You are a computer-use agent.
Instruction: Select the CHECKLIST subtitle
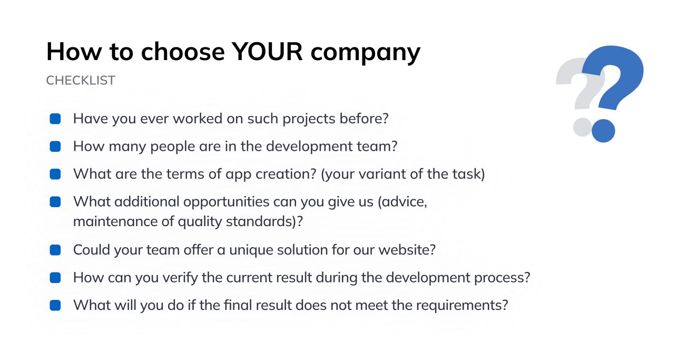coord(81,81)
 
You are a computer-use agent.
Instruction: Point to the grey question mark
coord(579,90)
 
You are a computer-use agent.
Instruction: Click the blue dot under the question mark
coord(603,130)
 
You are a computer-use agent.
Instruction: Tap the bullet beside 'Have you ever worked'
coord(55,119)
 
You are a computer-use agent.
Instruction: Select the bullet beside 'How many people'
coord(55,146)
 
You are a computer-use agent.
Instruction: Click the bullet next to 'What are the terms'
coord(55,174)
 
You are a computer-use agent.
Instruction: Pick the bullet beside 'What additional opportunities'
coord(55,202)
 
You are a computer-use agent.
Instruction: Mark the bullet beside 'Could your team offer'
coord(55,250)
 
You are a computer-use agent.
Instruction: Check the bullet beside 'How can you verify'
coord(55,277)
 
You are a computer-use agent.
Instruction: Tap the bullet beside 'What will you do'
coord(55,305)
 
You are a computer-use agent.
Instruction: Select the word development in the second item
coord(302,147)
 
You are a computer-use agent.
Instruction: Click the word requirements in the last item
coord(460,305)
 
